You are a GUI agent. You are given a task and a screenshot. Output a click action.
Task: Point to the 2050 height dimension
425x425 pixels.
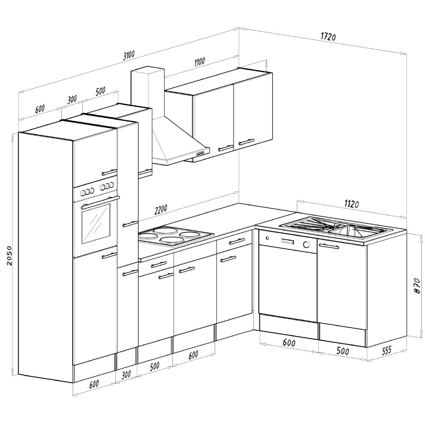tap(9, 255)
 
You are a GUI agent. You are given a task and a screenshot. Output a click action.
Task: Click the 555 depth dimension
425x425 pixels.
tap(387, 350)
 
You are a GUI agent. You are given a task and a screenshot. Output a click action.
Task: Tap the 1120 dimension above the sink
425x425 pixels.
tap(351, 204)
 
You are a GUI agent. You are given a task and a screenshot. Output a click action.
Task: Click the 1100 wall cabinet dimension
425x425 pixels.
tap(199, 62)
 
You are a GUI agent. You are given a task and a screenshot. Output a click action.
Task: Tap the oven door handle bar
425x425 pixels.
tap(100, 202)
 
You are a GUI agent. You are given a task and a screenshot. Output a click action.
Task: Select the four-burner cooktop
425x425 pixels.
tap(173, 236)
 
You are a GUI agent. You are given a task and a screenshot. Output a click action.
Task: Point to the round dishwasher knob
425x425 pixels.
tap(306, 244)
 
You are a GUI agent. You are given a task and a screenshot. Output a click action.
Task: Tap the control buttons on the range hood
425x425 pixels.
tap(201, 154)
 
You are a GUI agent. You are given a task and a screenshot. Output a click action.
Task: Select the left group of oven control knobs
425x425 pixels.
tap(86, 192)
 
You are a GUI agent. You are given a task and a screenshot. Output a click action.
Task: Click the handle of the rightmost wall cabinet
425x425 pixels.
tap(246, 142)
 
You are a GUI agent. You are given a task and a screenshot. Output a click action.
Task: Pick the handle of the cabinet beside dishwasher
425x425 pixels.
tap(329, 246)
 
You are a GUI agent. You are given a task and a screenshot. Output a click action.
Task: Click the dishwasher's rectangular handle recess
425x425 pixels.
tap(287, 241)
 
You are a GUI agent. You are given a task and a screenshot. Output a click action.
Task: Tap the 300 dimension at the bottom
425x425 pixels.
tap(126, 375)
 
